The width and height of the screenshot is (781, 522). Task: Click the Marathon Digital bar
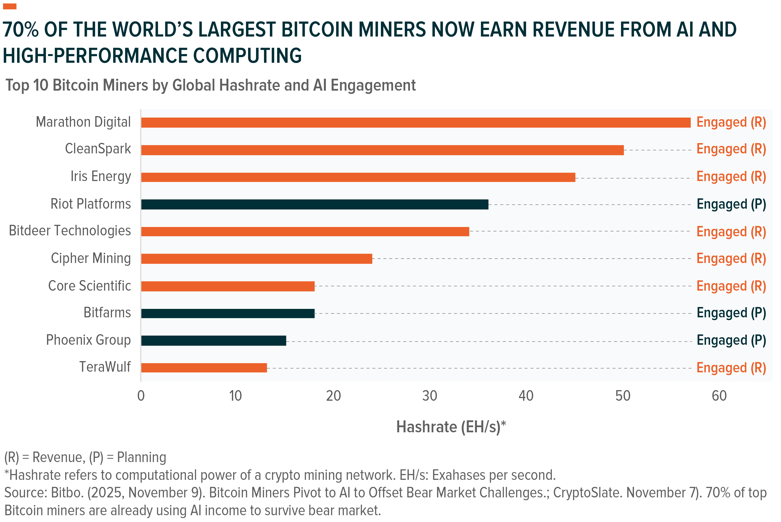416,122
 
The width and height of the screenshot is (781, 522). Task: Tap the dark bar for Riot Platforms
315,204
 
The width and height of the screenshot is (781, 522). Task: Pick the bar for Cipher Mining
257,259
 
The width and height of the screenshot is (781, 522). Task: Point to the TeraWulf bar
204,368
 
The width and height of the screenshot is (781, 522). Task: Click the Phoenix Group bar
213,341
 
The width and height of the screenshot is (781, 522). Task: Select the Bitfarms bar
228,313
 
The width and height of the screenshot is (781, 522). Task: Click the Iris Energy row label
100,176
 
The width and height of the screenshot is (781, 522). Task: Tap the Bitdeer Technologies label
70,231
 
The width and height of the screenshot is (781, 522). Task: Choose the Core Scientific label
89,286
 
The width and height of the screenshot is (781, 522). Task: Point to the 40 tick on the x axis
526,396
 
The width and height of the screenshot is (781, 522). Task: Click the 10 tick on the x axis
236,396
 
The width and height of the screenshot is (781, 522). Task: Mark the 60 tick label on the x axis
719,396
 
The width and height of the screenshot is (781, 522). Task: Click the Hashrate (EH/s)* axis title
451,427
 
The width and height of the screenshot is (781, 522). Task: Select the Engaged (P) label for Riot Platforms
731,204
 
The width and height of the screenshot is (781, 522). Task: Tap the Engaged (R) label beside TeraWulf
731,368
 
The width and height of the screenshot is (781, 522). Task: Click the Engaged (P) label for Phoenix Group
731,341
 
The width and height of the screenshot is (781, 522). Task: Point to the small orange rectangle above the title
10,6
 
